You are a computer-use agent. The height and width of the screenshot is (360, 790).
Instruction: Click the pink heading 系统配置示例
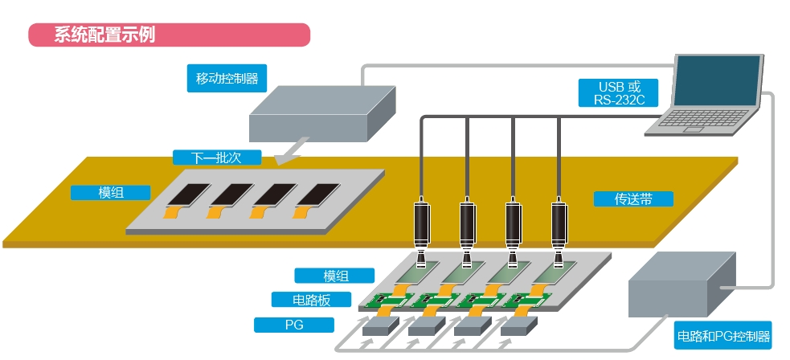169,35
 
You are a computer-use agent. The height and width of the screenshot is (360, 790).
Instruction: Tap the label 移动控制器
227,79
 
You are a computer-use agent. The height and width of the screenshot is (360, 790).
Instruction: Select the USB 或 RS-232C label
617,92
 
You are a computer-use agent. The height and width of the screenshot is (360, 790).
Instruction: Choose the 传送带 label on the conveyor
632,198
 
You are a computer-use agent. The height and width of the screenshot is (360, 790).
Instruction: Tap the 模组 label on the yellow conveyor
111,193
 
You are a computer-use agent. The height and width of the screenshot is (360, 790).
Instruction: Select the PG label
293,325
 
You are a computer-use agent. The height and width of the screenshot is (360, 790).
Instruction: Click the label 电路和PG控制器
723,336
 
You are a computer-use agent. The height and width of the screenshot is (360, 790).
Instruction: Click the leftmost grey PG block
381,325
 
